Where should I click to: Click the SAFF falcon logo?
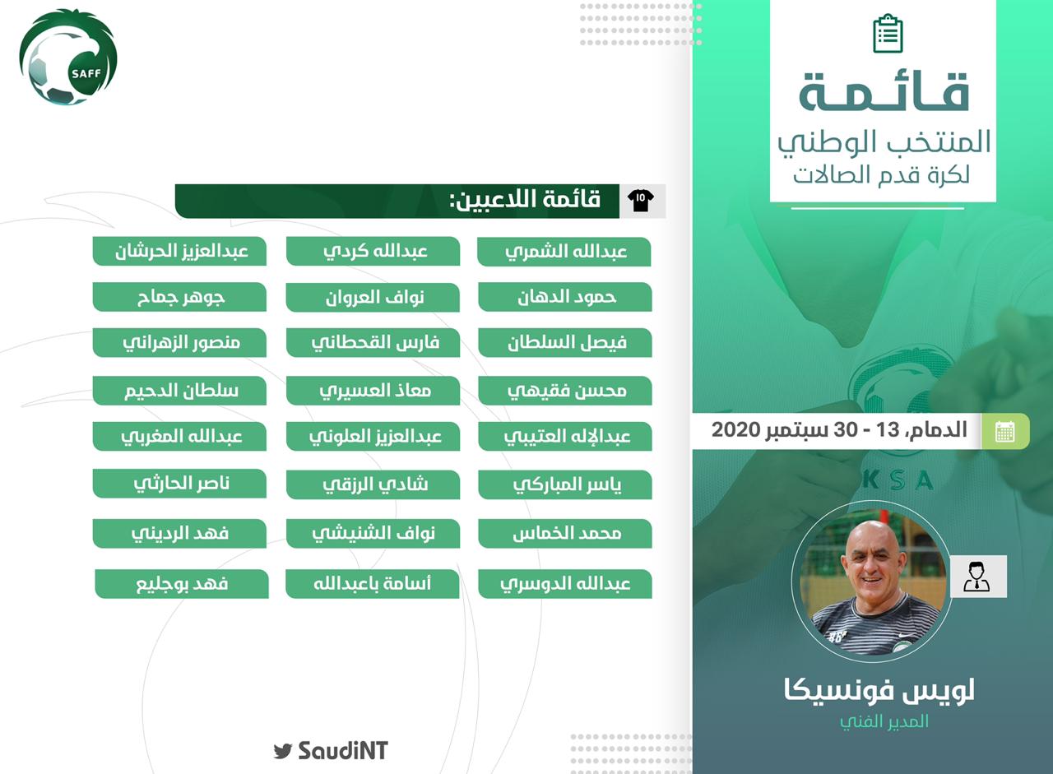click(x=68, y=57)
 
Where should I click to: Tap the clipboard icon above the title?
click(x=888, y=34)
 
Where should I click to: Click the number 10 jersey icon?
click(x=641, y=202)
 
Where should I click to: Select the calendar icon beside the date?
click(x=1004, y=431)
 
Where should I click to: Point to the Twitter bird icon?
click(x=283, y=750)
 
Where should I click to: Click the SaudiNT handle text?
click(x=343, y=750)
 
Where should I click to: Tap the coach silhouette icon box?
click(x=978, y=577)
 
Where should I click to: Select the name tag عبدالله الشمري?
click(x=564, y=252)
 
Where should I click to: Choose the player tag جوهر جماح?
click(x=179, y=297)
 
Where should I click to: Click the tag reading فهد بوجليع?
click(x=182, y=584)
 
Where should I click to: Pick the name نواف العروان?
click(x=373, y=298)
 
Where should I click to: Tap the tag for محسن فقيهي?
click(x=565, y=391)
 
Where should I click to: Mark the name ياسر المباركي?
click(x=565, y=484)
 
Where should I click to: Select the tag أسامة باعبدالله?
click(x=373, y=584)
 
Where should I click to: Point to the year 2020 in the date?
click(x=735, y=429)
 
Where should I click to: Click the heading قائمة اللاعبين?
click(x=525, y=200)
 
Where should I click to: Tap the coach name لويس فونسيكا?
click(x=879, y=690)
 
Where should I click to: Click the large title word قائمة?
click(x=884, y=93)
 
